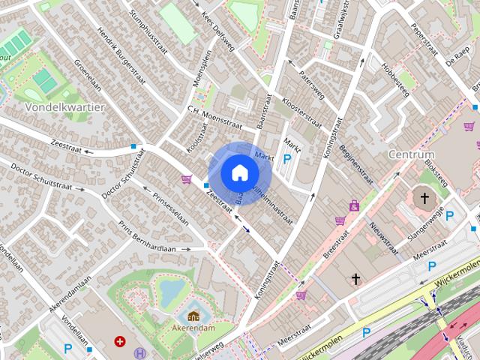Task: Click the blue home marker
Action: pyautogui.click(x=238, y=172)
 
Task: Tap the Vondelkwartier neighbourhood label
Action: pyautogui.click(x=64, y=106)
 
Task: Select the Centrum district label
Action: pyautogui.click(x=412, y=154)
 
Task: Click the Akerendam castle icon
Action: pyautogui.click(x=193, y=316)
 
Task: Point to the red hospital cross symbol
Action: pyautogui.click(x=119, y=341)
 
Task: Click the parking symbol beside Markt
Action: pyautogui.click(x=288, y=158)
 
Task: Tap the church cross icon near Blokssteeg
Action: pyautogui.click(x=424, y=199)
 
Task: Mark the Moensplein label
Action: pyautogui.click(x=199, y=69)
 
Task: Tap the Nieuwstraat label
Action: pyautogui.click(x=382, y=237)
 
